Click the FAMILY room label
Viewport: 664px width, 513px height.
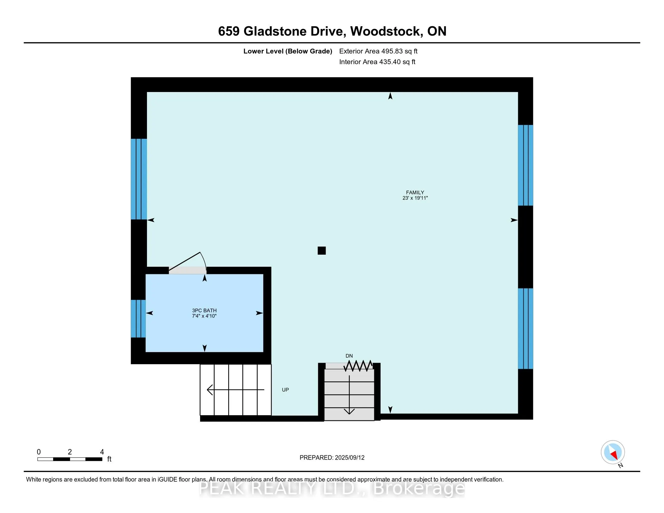pyautogui.click(x=415, y=193)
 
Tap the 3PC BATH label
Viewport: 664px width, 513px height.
pyautogui.click(x=204, y=310)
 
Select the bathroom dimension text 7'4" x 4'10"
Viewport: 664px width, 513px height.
pyautogui.click(x=204, y=316)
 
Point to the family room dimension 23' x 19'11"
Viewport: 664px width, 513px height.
pyautogui.click(x=415, y=198)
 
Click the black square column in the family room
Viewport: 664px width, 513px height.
pyautogui.click(x=322, y=250)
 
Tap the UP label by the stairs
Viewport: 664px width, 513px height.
pyautogui.click(x=285, y=390)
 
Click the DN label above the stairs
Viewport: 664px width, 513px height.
pyautogui.click(x=349, y=356)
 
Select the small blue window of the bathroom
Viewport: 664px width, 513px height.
pyautogui.click(x=138, y=318)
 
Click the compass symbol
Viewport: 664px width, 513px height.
pyautogui.click(x=613, y=452)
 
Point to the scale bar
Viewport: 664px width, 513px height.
pyautogui.click(x=70, y=459)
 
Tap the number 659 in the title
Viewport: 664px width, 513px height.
pyautogui.click(x=229, y=31)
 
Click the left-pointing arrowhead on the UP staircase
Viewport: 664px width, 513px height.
pyautogui.click(x=209, y=390)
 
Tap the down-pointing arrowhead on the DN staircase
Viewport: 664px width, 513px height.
pyautogui.click(x=349, y=411)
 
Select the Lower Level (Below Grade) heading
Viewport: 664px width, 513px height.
pyautogui.click(x=288, y=51)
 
